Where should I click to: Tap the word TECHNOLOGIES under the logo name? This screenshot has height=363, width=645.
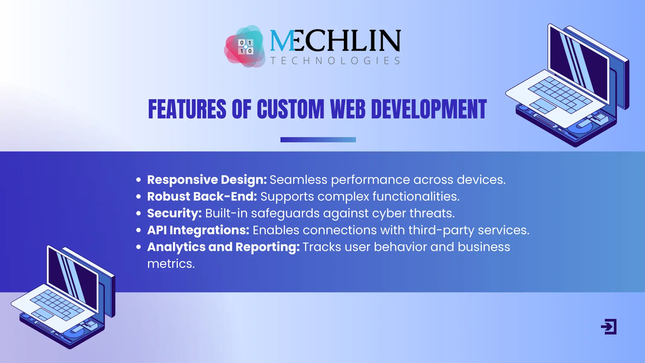[x=335, y=60]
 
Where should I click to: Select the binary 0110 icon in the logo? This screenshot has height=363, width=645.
[x=246, y=47]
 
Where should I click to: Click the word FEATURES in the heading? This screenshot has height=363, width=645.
[x=187, y=109]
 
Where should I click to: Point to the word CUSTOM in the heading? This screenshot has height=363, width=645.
[x=290, y=109]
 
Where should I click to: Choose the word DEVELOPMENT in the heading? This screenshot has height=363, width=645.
[x=429, y=109]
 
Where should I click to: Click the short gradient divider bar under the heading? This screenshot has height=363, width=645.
[x=318, y=140]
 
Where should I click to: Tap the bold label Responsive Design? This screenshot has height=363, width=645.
[x=207, y=180]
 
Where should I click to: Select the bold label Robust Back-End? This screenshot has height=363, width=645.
[x=202, y=196]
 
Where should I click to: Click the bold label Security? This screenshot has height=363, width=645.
[x=174, y=213]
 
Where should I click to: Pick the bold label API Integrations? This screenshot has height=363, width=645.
[x=198, y=230]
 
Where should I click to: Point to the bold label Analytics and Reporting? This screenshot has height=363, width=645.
[x=223, y=247]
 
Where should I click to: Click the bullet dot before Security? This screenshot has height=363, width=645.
[x=139, y=213]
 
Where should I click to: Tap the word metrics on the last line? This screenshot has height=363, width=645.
[x=171, y=264]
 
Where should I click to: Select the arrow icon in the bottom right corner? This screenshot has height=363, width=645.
[x=609, y=326]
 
